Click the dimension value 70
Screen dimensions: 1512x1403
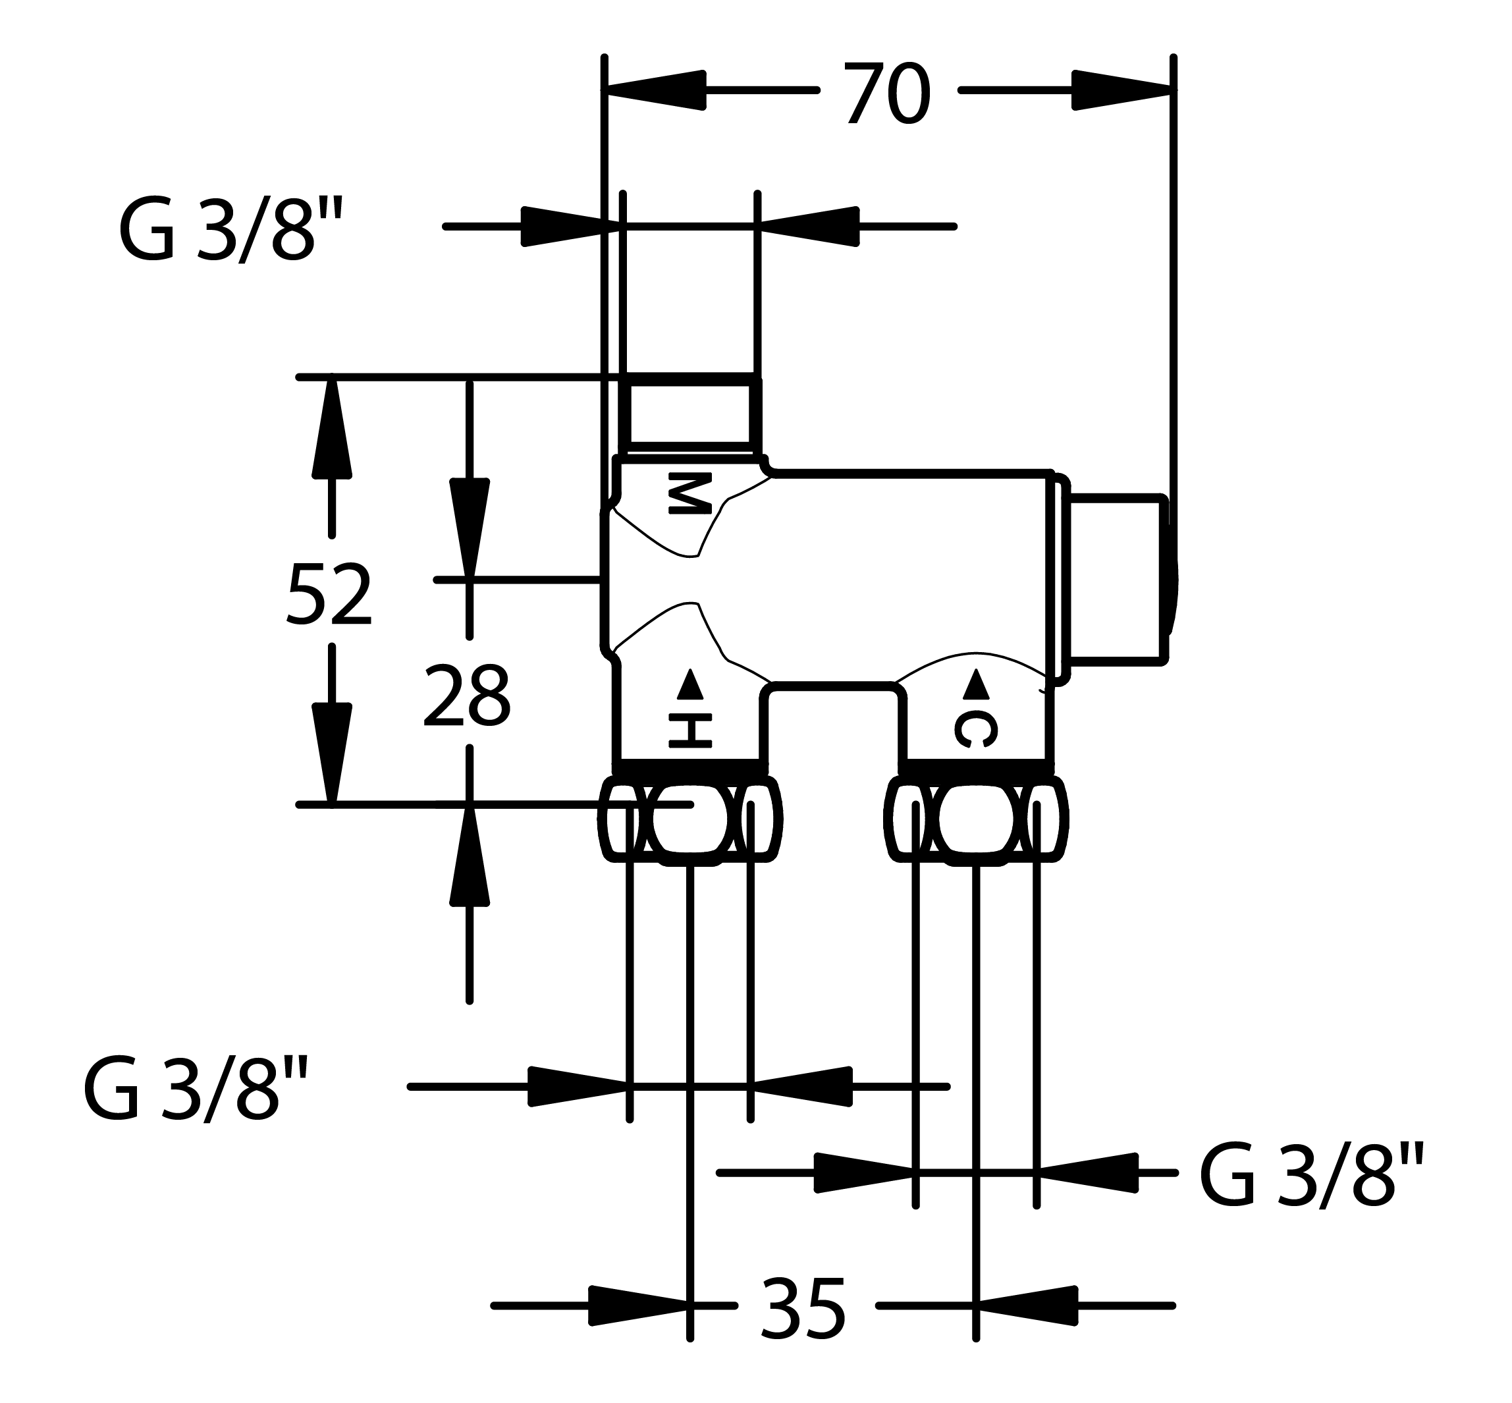886,94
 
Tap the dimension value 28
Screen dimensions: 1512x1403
466,696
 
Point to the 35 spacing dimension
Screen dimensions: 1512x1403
802,1308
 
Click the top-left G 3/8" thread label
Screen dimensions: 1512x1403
232,229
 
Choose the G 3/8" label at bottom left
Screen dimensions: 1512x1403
196,1089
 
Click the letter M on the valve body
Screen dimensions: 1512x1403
690,493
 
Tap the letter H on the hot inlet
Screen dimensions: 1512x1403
690,730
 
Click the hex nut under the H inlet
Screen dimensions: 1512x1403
690,819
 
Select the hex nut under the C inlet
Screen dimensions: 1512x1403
976,819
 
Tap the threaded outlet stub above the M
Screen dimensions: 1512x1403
690,414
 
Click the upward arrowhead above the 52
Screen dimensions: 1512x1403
332,428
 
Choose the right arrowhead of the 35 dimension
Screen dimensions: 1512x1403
1027,1306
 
